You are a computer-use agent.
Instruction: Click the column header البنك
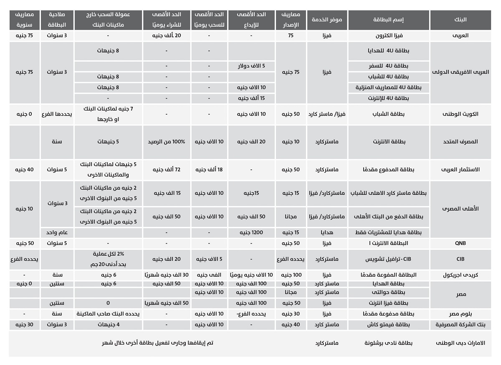coord(460,20)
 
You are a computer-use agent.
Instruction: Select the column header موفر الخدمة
coord(327,20)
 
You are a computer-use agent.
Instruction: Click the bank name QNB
coord(460,243)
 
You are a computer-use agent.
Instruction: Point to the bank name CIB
coord(460,259)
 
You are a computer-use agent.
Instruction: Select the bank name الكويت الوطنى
coord(460,114)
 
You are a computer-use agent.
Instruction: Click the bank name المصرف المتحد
coord(460,141)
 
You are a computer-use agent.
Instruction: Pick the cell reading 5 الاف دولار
coord(251,66)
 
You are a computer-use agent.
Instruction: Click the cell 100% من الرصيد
coord(166,141)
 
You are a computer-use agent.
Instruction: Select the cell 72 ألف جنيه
coord(166,169)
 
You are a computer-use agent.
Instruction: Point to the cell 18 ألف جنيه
coord(209,169)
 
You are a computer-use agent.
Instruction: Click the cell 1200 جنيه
coord(251,232)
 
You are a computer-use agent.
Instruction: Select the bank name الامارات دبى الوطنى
coord(460,343)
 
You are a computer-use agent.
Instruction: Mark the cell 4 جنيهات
coord(108,324)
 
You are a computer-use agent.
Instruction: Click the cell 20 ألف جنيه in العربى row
coord(166,35)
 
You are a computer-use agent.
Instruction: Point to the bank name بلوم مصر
coord(460,313)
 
